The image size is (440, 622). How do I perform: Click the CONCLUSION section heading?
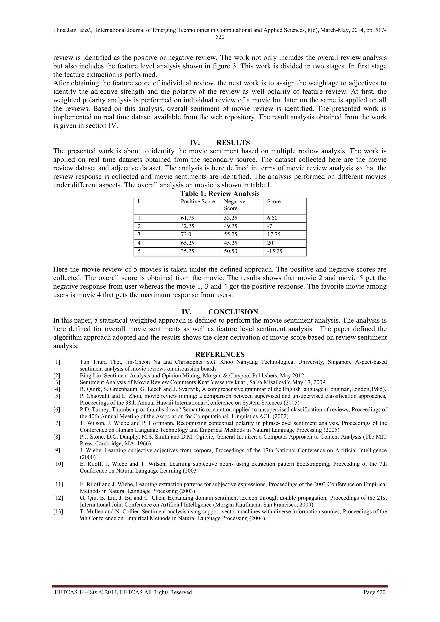click(233, 312)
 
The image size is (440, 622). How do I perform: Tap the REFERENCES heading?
click(220, 354)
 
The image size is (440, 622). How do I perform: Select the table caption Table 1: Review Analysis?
click(220, 194)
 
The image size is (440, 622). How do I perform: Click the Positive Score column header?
click(198, 201)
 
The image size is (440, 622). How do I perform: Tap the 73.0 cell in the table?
click(186, 235)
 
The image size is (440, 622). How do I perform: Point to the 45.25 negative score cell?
click(231, 243)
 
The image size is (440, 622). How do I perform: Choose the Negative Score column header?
click(234, 205)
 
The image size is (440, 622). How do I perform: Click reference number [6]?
click(57, 409)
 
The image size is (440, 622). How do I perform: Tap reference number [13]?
click(58, 511)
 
